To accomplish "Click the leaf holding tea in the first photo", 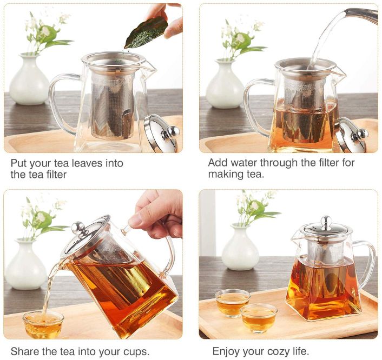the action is pos(146,33).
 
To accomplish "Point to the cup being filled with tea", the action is pos(43,325).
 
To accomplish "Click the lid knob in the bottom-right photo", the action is pos(326,222).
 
